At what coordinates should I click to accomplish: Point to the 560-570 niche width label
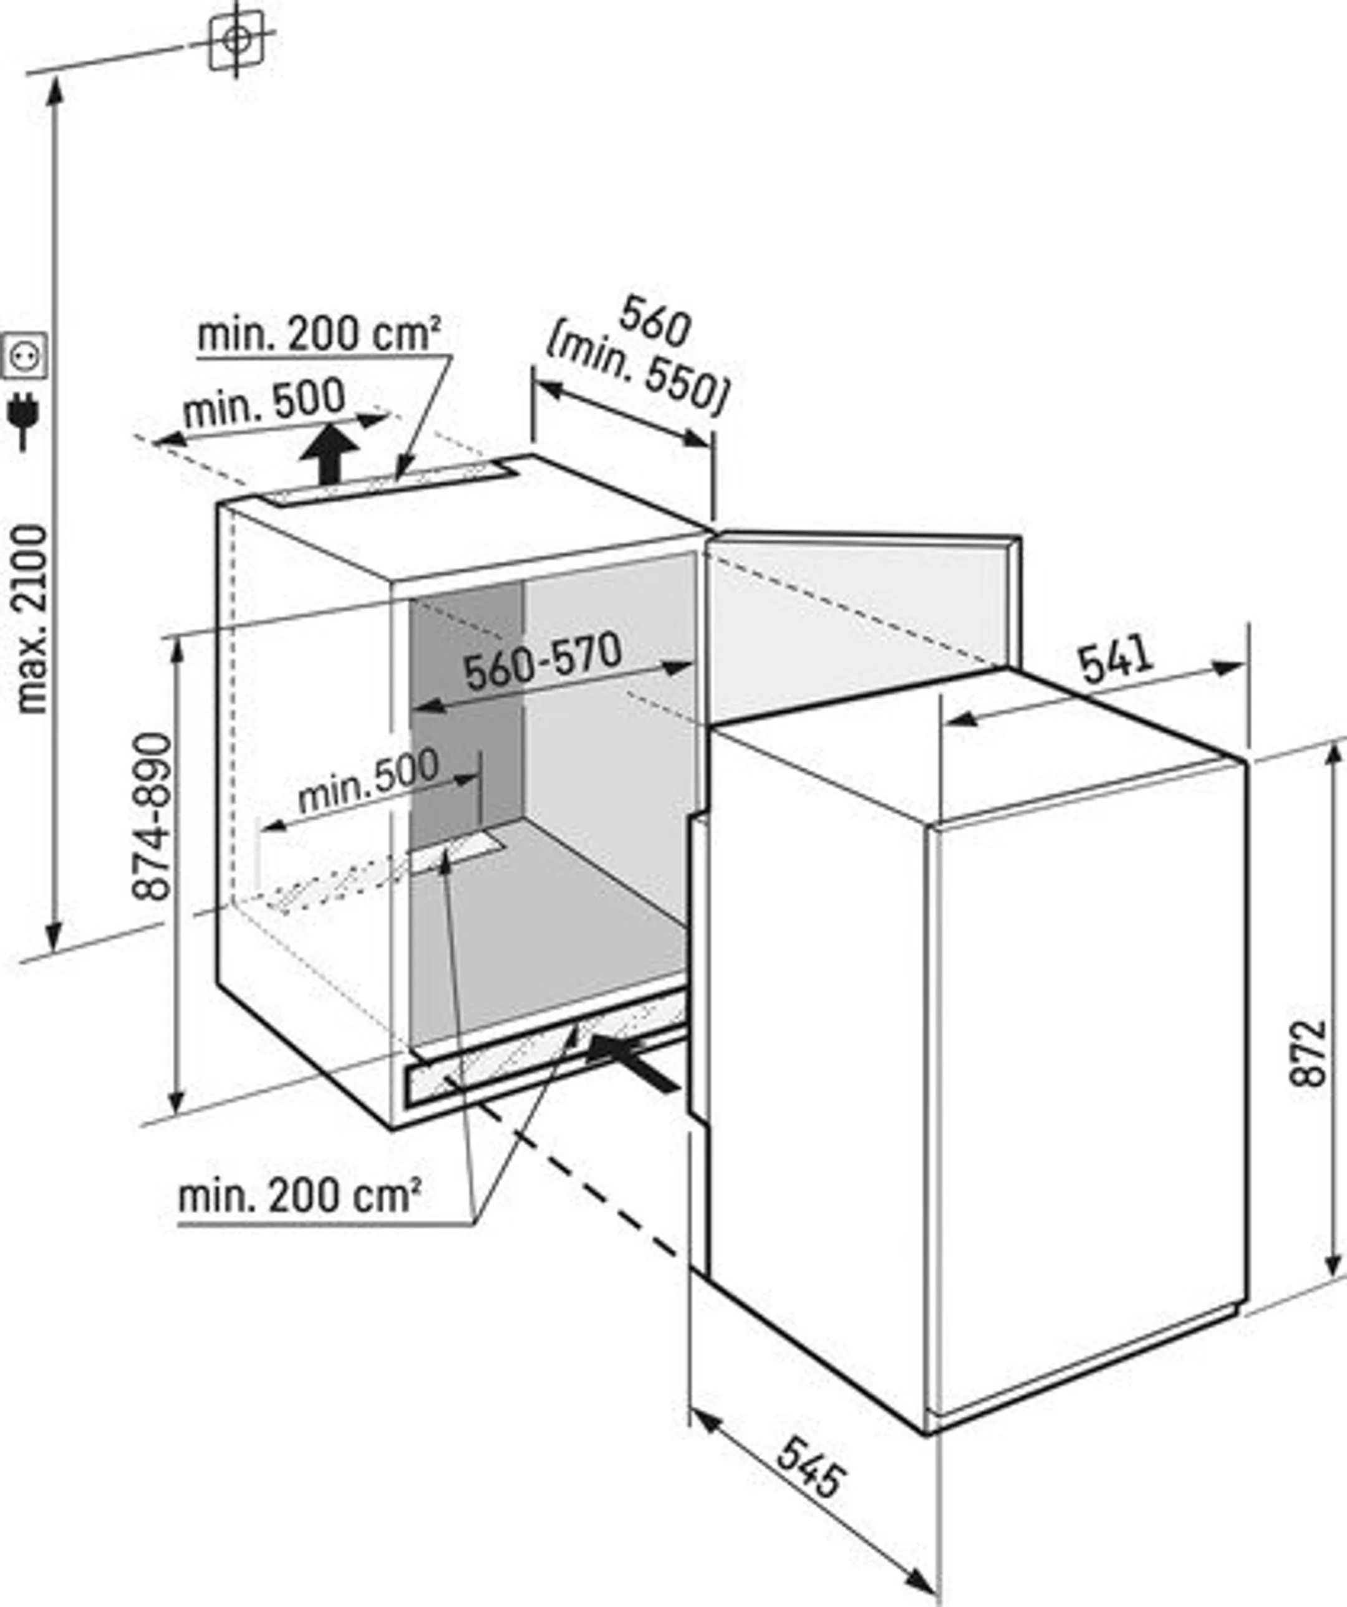[x=543, y=662]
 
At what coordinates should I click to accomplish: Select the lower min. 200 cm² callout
[x=299, y=1196]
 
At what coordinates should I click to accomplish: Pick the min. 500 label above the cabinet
[x=264, y=403]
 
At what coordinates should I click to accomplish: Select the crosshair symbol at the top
[x=237, y=40]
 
